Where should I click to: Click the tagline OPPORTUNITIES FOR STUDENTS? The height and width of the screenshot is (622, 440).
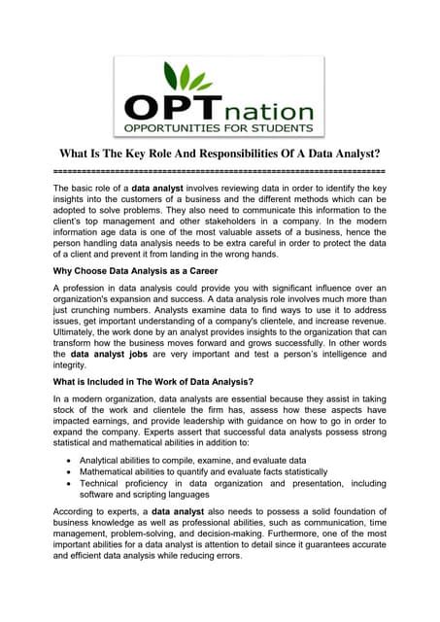tap(219, 127)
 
